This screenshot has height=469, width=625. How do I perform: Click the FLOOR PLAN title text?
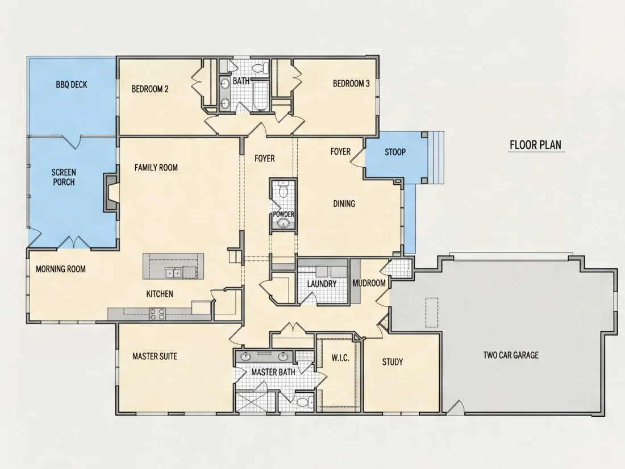pyautogui.click(x=535, y=144)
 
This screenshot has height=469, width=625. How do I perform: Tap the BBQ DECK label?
pyautogui.click(x=72, y=85)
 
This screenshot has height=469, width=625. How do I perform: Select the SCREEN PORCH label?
pyautogui.click(x=64, y=177)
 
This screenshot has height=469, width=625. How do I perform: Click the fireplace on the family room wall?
pyautogui.click(x=111, y=192)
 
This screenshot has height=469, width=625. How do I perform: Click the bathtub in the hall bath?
pyautogui.click(x=261, y=96)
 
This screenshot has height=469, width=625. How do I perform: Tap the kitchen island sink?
pyautogui.click(x=173, y=273)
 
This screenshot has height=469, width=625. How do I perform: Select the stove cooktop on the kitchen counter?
pyautogui.click(x=157, y=314)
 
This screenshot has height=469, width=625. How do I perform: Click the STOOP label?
pyautogui.click(x=395, y=152)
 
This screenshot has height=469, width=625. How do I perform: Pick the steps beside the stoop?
pyautogui.click(x=436, y=157)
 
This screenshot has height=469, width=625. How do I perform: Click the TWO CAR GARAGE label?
pyautogui.click(x=511, y=355)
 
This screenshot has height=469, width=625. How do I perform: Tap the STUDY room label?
pyautogui.click(x=393, y=362)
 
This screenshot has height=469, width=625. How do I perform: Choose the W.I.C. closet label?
pyautogui.click(x=340, y=358)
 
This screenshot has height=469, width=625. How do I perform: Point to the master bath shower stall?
pyautogui.click(x=255, y=401)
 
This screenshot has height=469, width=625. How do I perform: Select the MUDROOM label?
pyautogui.click(x=369, y=283)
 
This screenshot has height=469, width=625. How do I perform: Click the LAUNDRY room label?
pyautogui.click(x=322, y=284)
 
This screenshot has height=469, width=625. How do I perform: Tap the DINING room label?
pyautogui.click(x=344, y=204)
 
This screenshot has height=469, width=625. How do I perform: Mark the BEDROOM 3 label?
pyautogui.click(x=351, y=84)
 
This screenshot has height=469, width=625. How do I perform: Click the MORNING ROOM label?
pyautogui.click(x=61, y=269)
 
